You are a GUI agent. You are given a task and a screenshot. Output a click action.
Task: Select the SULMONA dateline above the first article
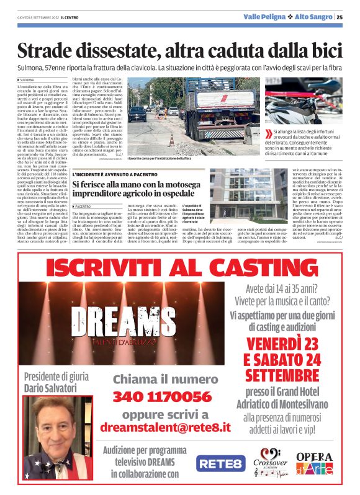point(27,80)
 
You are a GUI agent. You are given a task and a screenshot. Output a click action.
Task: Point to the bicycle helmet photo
point(304,100)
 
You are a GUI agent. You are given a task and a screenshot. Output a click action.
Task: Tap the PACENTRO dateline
point(83,206)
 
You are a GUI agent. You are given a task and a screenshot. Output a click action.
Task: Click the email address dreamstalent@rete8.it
point(165,427)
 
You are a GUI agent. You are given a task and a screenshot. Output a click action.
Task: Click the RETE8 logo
point(220,463)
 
